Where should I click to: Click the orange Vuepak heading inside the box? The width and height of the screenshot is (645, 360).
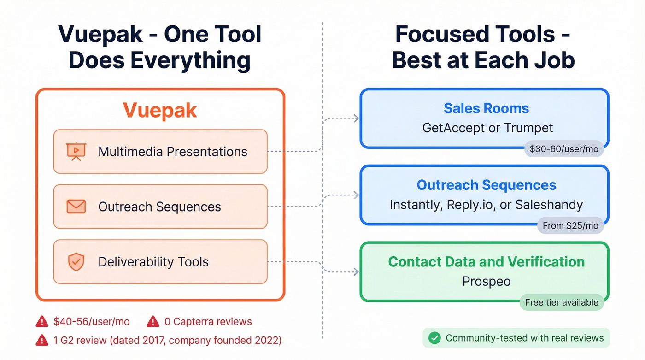(x=160, y=111)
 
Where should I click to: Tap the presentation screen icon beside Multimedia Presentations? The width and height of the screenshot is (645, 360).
(x=76, y=151)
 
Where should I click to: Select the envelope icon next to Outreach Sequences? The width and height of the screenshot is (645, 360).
(x=76, y=207)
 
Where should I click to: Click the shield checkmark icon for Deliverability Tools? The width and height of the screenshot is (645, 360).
(x=76, y=262)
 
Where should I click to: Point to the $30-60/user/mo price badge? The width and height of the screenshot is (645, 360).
(x=564, y=149)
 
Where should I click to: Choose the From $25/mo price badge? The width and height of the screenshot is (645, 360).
(x=570, y=225)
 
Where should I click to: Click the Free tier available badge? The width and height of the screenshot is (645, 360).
(x=562, y=302)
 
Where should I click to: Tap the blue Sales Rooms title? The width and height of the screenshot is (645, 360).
(x=486, y=108)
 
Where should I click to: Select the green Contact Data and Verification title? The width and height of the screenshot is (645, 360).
(x=486, y=262)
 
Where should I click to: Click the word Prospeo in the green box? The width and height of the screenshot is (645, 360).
(x=486, y=281)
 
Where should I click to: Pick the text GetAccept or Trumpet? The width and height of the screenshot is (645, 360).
(x=487, y=128)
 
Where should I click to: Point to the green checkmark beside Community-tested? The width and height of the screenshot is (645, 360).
(x=434, y=338)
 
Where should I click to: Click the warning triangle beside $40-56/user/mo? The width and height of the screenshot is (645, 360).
(x=42, y=321)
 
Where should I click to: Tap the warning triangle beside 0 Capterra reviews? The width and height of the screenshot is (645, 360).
(x=153, y=321)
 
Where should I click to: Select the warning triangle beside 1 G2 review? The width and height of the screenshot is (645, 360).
(x=42, y=341)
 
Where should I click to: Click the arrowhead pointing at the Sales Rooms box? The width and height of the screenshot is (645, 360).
(x=356, y=118)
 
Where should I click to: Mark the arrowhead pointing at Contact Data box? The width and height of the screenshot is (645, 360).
(x=356, y=272)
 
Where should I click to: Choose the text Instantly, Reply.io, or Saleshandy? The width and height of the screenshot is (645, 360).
(x=486, y=204)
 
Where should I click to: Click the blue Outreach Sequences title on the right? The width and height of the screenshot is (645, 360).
(x=486, y=185)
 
